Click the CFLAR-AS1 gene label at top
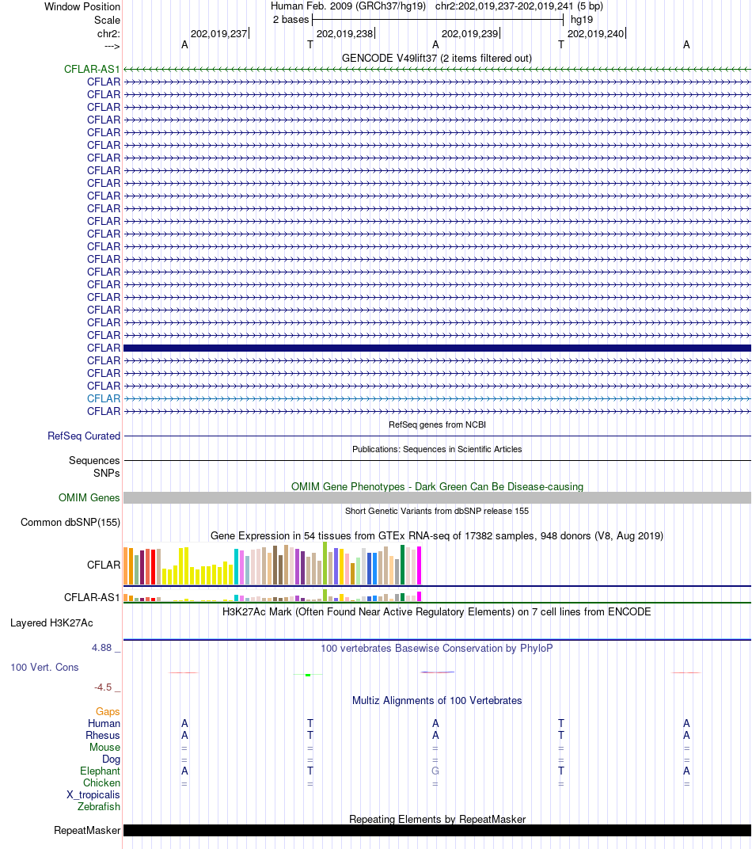(x=92, y=70)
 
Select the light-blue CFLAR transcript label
(x=104, y=399)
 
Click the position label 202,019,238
(x=344, y=34)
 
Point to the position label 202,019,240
(x=595, y=34)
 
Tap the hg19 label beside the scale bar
(x=582, y=19)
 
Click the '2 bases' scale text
(x=291, y=19)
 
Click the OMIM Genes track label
(x=89, y=498)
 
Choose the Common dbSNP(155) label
(x=70, y=523)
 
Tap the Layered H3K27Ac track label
(x=52, y=623)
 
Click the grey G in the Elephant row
(x=435, y=771)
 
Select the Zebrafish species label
(x=99, y=807)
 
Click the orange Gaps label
(x=108, y=712)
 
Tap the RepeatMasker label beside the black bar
(x=87, y=831)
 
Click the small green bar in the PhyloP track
(x=308, y=675)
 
